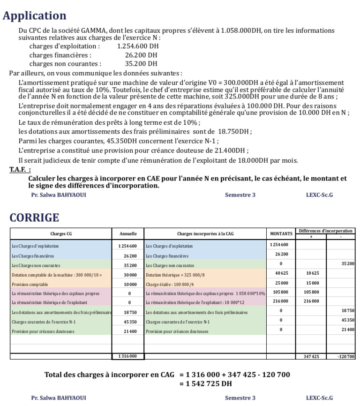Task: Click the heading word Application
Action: point(35,15)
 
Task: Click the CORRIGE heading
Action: point(34,218)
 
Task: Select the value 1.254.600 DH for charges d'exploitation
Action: point(138,46)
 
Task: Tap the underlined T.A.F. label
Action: point(20,169)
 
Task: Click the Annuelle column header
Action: point(128,233)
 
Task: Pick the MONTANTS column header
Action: point(281,233)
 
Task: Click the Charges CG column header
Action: point(61,233)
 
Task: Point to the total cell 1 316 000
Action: point(128,356)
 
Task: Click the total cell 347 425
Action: point(311,357)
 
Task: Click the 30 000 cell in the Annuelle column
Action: point(130,275)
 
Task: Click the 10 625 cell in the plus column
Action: point(312,273)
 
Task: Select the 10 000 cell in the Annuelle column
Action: point(130,284)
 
